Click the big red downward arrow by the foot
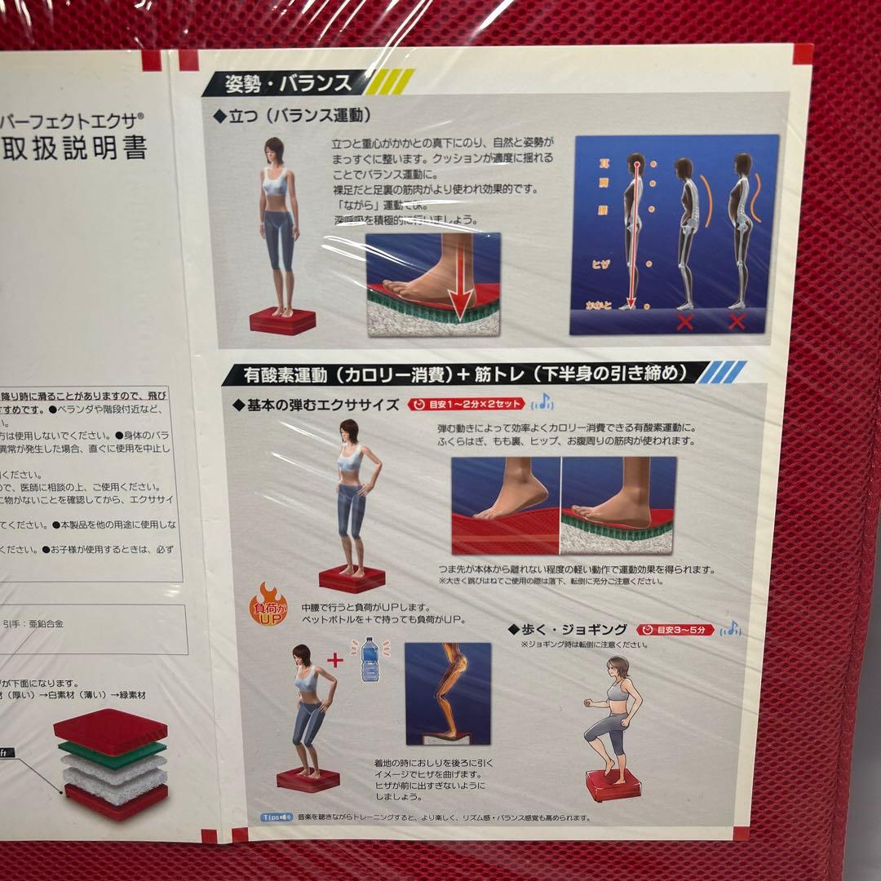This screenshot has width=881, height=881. (x=463, y=285)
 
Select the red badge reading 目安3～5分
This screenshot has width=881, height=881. (x=675, y=630)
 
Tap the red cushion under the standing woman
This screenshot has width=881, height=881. (x=282, y=321)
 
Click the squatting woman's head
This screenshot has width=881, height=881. (x=303, y=656)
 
